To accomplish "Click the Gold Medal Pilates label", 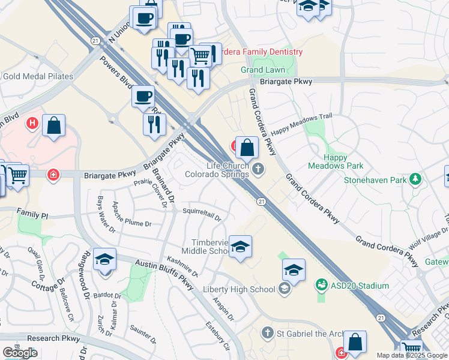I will (x=38, y=76).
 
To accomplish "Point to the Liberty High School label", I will (x=239, y=290).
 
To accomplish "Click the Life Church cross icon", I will (x=259, y=169).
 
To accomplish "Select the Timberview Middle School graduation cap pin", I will (x=240, y=247).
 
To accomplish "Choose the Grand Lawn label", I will (x=263, y=70).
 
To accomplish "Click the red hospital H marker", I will (x=32, y=124).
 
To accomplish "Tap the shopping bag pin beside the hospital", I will (x=54, y=126).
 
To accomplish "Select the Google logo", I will (x=20, y=353).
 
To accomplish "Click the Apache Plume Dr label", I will (x=132, y=214).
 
